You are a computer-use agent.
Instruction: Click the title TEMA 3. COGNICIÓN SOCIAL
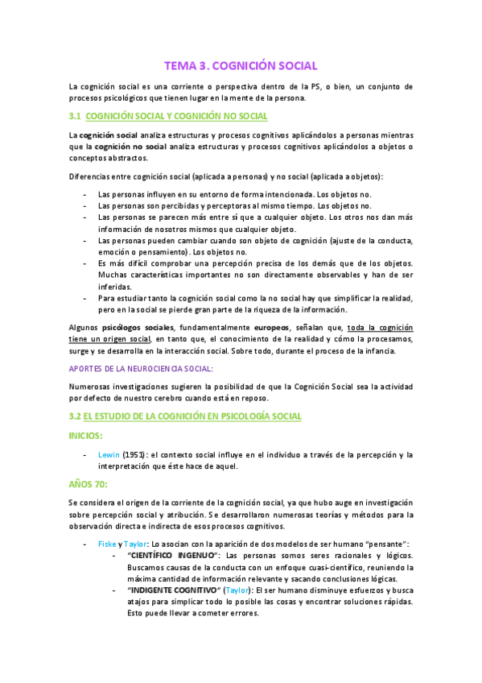click(241, 65)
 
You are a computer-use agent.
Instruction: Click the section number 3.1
click(76, 117)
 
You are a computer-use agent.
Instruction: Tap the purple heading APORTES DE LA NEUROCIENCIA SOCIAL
click(142, 368)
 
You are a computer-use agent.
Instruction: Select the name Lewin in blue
click(109, 454)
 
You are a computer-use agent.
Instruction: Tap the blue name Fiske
click(107, 544)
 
